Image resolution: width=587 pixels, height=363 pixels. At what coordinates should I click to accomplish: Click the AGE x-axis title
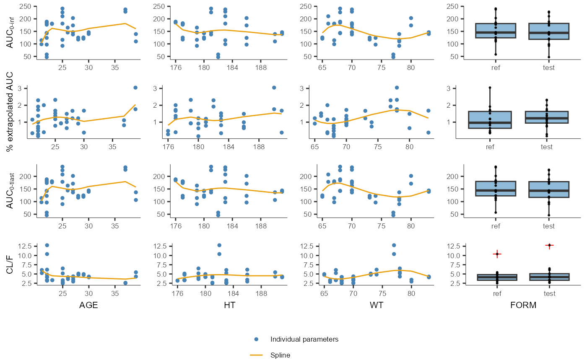(88, 305)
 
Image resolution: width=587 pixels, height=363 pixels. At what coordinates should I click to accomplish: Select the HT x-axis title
(229, 305)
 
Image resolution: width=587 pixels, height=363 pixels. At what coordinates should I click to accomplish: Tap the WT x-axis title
(376, 305)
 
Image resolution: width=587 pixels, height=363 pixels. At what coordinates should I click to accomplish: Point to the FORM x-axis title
(523, 305)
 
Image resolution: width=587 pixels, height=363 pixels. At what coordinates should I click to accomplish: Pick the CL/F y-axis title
(10, 264)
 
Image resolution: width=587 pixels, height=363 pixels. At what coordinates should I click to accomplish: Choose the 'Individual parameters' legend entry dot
(257, 339)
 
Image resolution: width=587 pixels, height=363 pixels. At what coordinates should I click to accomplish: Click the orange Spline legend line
(257, 355)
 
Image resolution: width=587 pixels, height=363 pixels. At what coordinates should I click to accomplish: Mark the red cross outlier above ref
(497, 254)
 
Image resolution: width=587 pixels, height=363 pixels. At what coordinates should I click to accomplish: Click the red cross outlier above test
(549, 245)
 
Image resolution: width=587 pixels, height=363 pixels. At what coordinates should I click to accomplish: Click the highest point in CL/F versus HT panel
(219, 245)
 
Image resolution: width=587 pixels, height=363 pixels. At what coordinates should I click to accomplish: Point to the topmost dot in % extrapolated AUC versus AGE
(135, 88)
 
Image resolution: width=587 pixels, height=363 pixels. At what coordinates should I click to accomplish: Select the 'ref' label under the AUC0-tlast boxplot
(497, 226)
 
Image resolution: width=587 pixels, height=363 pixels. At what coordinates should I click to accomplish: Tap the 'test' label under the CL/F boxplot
(549, 293)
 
